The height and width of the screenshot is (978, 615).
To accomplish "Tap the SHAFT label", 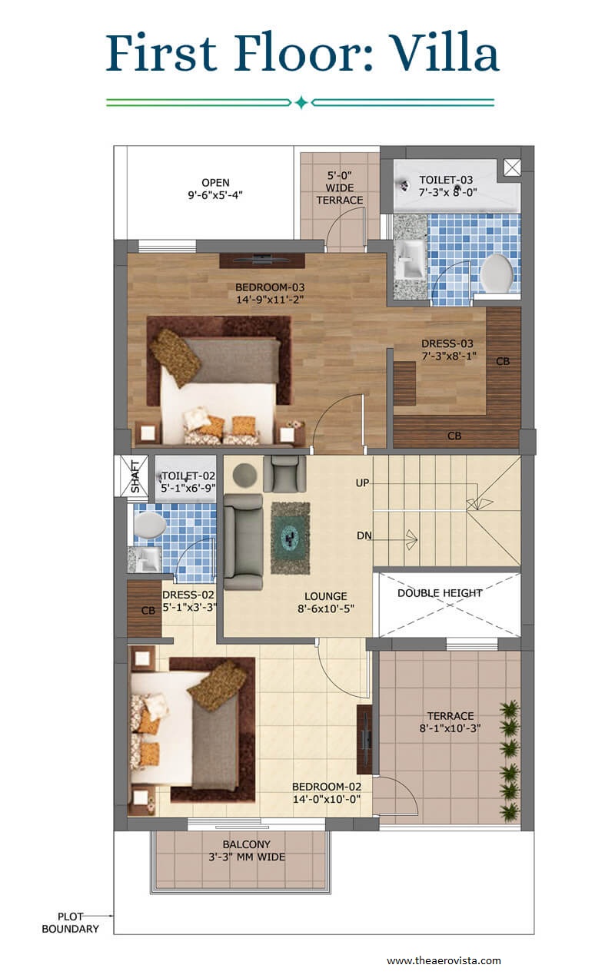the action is pyautogui.click(x=135, y=476).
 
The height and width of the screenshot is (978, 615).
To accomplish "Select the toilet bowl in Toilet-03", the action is pyautogui.click(x=496, y=273).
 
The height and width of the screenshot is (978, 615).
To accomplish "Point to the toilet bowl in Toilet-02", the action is pyautogui.click(x=149, y=524).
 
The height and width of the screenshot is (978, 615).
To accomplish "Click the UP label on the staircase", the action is pyautogui.click(x=362, y=483).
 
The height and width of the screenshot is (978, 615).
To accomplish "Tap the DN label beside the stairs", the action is pyautogui.click(x=364, y=535).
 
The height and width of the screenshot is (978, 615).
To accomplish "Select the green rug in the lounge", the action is pyautogui.click(x=291, y=538).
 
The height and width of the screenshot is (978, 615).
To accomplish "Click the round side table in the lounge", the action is pyautogui.click(x=244, y=475).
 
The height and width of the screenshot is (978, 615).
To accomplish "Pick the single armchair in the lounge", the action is pyautogui.click(x=284, y=473).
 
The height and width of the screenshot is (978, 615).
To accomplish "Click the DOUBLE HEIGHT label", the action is pyautogui.click(x=440, y=593).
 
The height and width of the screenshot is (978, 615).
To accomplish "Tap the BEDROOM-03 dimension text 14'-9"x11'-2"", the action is pyautogui.click(x=270, y=300).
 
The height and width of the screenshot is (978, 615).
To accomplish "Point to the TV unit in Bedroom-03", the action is pyautogui.click(x=261, y=260).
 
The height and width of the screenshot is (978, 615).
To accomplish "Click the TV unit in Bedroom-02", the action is pyautogui.click(x=364, y=739).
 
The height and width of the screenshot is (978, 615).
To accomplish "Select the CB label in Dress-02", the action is pyautogui.click(x=148, y=611).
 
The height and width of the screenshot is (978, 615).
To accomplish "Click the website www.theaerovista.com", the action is pyautogui.click(x=444, y=960).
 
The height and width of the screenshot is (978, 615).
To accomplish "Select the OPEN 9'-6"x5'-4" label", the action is pyautogui.click(x=215, y=189).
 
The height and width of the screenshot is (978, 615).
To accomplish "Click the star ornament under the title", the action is pyautogui.click(x=301, y=103).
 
